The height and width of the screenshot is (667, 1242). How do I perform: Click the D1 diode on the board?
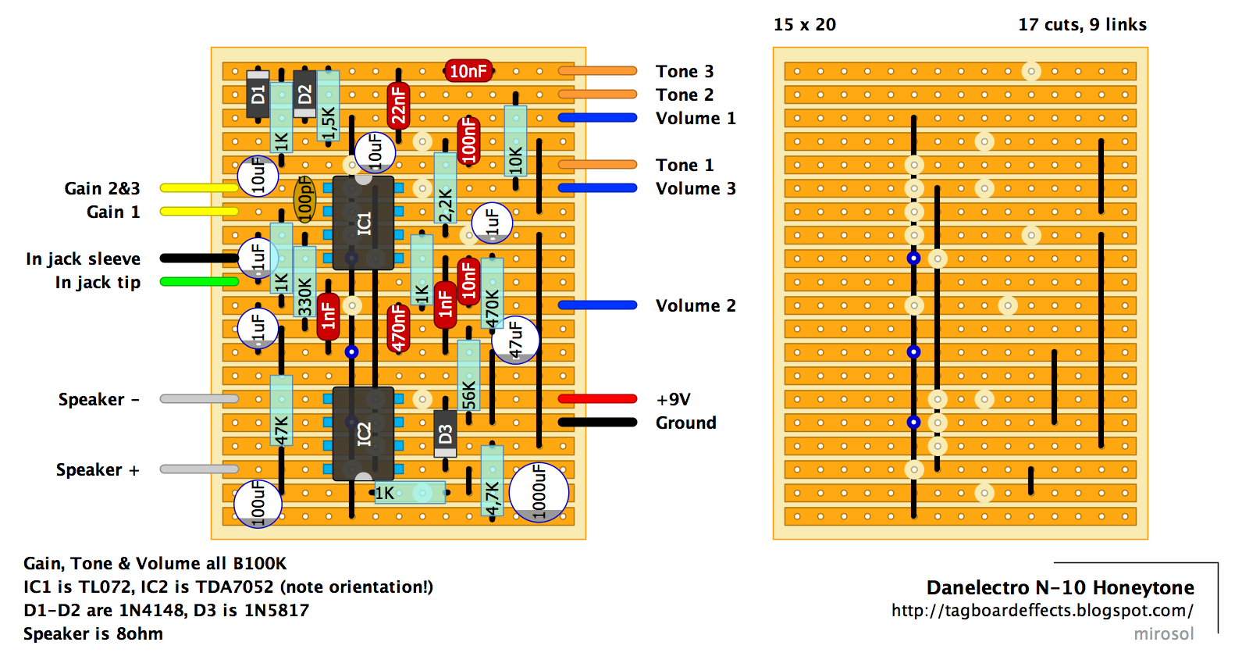click(258, 95)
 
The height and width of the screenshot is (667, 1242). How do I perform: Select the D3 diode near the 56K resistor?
click(445, 433)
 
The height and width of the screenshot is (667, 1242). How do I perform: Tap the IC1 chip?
click(363, 223)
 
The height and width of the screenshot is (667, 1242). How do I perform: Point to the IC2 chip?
click(363, 433)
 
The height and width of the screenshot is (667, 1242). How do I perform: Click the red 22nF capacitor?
click(398, 105)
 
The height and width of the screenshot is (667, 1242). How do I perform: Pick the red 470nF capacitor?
click(398, 328)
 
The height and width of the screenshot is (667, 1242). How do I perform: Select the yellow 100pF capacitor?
click(304, 199)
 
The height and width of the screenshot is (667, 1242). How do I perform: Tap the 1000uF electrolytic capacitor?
click(539, 492)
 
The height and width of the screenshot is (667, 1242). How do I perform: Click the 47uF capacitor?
click(515, 340)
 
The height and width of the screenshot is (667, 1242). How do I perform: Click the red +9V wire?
click(597, 399)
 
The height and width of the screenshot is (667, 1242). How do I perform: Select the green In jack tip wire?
click(199, 282)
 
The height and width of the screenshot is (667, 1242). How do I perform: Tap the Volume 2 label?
click(695, 305)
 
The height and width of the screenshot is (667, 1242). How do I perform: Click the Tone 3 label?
click(684, 71)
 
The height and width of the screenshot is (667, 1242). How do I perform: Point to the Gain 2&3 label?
click(102, 188)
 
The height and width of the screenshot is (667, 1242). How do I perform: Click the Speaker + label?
click(98, 469)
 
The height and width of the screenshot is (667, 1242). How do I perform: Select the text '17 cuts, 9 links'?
click(1082, 24)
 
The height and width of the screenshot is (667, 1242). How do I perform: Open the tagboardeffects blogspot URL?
click(1042, 610)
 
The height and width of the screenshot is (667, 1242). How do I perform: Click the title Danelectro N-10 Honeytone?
click(1060, 587)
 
